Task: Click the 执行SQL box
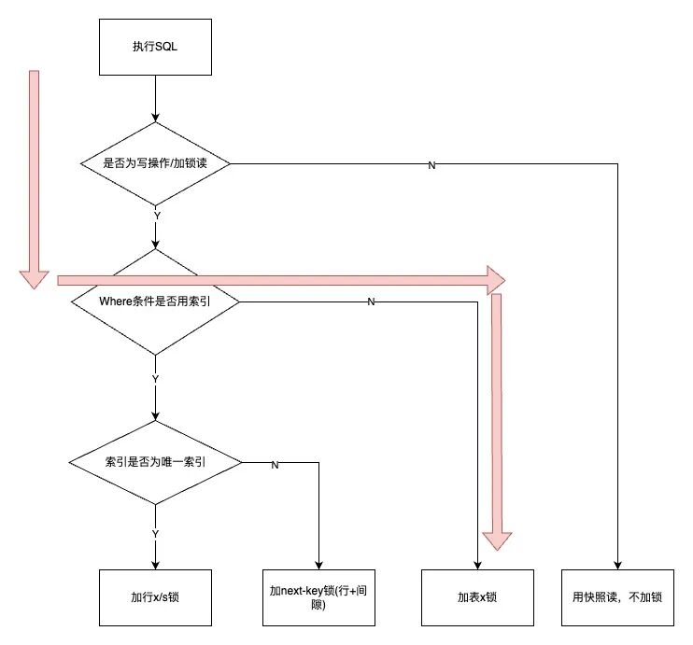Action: click(x=155, y=47)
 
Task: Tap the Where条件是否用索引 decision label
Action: click(x=155, y=301)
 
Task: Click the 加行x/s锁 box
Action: click(x=155, y=597)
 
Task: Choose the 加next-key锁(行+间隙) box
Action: click(x=318, y=597)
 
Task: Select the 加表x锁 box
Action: click(x=477, y=597)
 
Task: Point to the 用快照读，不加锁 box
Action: click(x=617, y=597)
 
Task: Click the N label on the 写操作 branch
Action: click(x=431, y=165)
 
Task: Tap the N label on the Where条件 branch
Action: click(x=371, y=301)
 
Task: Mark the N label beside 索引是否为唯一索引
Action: click(x=275, y=465)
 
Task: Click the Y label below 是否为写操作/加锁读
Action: click(x=157, y=216)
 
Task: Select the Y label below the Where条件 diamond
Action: click(x=155, y=379)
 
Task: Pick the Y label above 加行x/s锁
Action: click(x=155, y=534)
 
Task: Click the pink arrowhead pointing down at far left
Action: click(x=34, y=280)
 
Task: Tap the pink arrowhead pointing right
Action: click(x=496, y=280)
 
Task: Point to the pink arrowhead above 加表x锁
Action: click(x=497, y=541)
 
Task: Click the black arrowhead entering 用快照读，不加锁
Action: click(x=617, y=566)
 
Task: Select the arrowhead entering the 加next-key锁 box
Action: click(x=318, y=566)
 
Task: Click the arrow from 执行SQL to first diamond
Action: click(x=155, y=99)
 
